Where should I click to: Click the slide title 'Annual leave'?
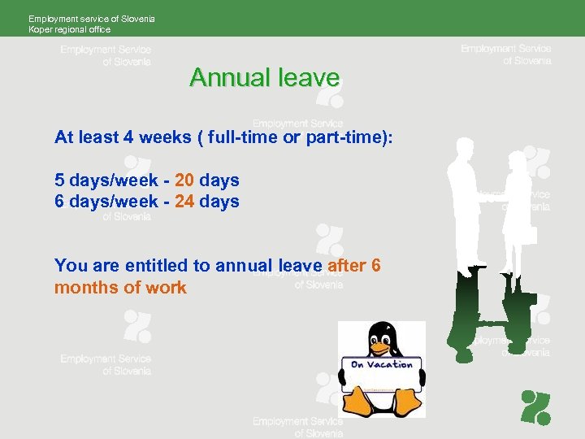click(264, 78)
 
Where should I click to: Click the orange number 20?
click(184, 180)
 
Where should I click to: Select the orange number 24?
click(184, 201)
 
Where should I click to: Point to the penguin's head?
click(381, 335)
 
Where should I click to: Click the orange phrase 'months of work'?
click(120, 288)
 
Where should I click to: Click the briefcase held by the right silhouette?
click(526, 234)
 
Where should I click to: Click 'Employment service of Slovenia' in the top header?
click(91, 18)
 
